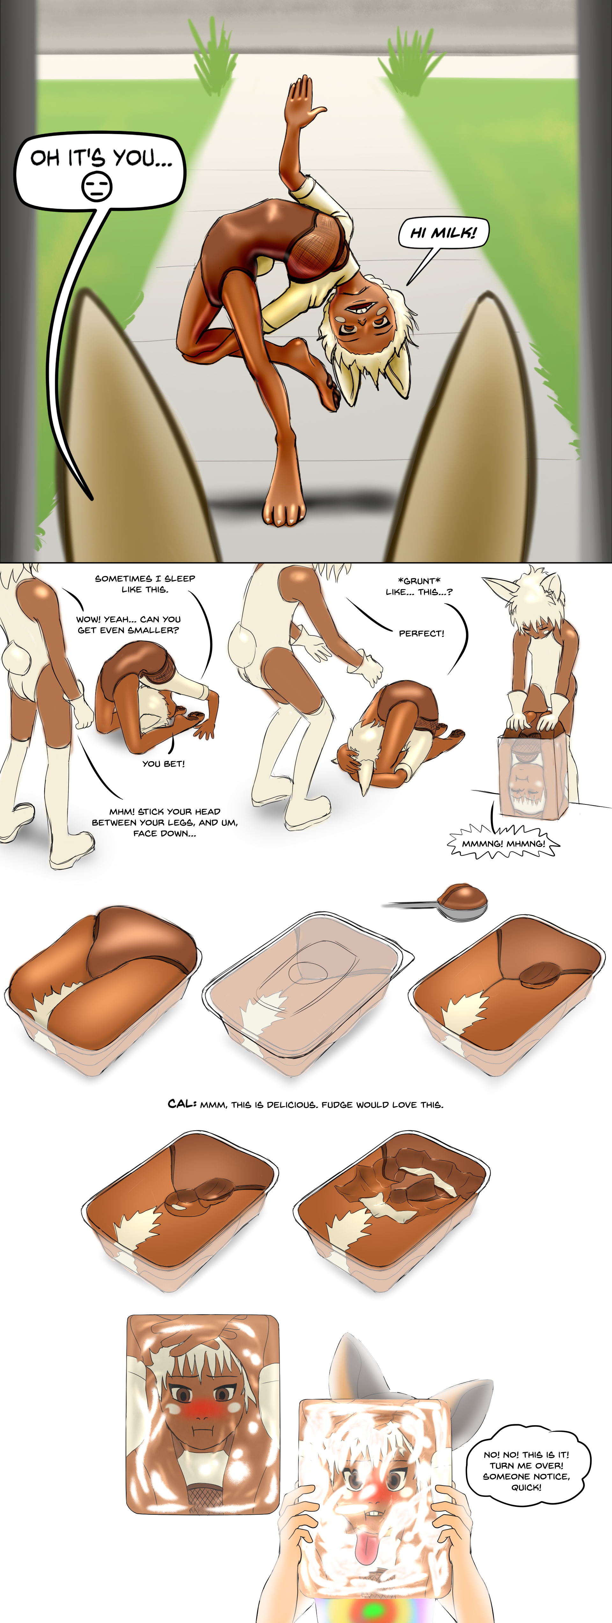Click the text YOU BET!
(163, 764)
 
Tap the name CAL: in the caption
(182, 1104)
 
